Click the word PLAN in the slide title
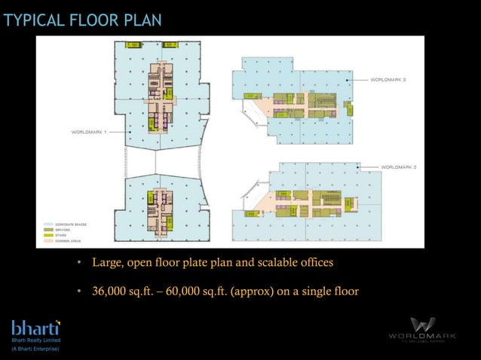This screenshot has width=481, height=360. coord(142,20)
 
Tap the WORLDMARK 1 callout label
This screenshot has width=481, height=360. coord(90,131)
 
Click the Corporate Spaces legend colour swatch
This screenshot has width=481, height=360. coord(49,224)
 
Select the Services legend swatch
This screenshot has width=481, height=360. coord(49,229)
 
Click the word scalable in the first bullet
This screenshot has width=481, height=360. coord(268,264)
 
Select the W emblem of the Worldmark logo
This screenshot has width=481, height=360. coord(422,325)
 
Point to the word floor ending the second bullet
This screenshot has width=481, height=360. coord(345,291)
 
